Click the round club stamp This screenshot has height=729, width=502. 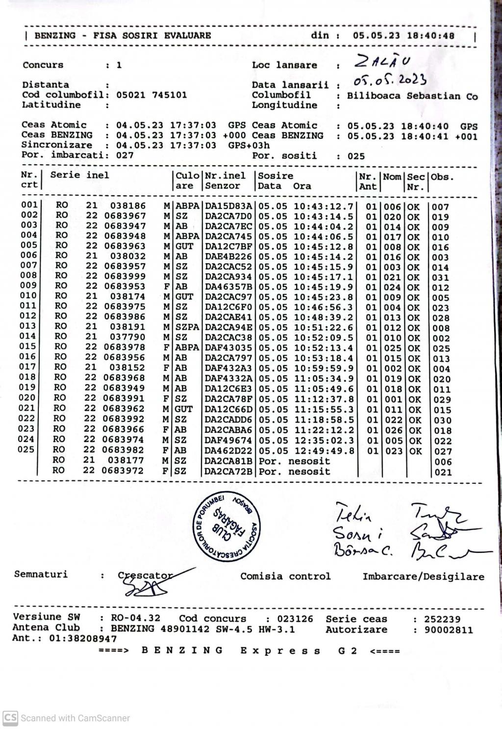(x=227, y=525)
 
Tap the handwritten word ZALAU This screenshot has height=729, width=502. (x=382, y=62)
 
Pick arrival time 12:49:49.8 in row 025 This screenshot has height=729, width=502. (x=324, y=451)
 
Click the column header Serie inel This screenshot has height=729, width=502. (x=79, y=175)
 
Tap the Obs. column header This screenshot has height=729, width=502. (x=442, y=177)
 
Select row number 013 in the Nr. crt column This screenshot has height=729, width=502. (x=28, y=326)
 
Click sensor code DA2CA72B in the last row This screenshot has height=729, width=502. (x=228, y=472)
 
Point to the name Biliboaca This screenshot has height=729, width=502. (x=374, y=96)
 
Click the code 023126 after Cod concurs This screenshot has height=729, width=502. (x=295, y=619)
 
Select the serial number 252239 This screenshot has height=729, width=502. (x=442, y=620)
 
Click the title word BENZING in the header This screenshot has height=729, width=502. (x=55, y=35)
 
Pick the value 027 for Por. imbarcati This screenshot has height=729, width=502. (x=125, y=156)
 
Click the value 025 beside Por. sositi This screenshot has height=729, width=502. (x=356, y=156)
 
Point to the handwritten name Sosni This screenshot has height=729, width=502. (x=358, y=532)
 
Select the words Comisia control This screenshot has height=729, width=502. (x=285, y=576)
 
